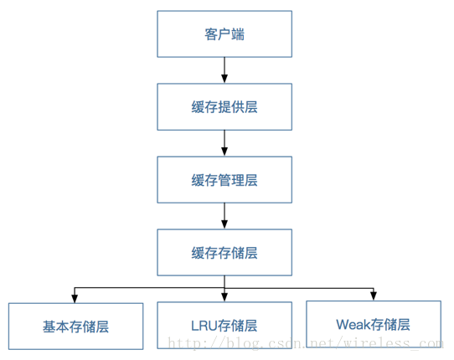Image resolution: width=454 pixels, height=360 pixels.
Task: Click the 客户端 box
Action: pyautogui.click(x=224, y=33)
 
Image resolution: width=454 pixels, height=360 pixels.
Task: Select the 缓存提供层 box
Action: pyautogui.click(x=224, y=107)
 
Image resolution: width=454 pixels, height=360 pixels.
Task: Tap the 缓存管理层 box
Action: pyautogui.click(x=224, y=180)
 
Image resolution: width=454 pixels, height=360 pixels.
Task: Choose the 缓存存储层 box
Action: pyautogui.click(x=224, y=252)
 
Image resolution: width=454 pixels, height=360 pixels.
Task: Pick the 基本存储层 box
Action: pyautogui.click(x=75, y=327)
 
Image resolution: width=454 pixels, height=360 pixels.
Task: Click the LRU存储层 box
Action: pyautogui.click(x=224, y=326)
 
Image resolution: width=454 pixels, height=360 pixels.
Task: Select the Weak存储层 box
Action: pyautogui.click(x=374, y=324)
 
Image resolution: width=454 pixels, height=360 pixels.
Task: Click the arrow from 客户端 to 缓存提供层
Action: pyautogui.click(x=224, y=70)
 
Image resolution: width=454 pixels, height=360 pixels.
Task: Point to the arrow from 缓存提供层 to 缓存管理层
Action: pyautogui.click(x=224, y=143)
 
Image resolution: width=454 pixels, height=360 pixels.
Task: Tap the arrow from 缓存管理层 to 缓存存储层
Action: pyautogui.click(x=224, y=216)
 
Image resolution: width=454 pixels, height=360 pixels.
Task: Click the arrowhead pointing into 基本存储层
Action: pyautogui.click(x=75, y=299)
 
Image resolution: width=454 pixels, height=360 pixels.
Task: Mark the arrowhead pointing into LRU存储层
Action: pyautogui.click(x=224, y=298)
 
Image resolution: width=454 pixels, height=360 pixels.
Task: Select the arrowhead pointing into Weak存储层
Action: pyautogui.click(x=374, y=296)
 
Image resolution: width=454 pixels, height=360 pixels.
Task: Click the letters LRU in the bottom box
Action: pyautogui.click(x=204, y=326)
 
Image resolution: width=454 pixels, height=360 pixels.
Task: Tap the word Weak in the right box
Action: pyautogui.click(x=353, y=324)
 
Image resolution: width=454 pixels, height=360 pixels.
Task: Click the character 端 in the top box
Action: pyautogui.click(x=238, y=34)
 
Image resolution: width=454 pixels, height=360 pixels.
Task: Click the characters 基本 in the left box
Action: pyautogui.click(x=56, y=327)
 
